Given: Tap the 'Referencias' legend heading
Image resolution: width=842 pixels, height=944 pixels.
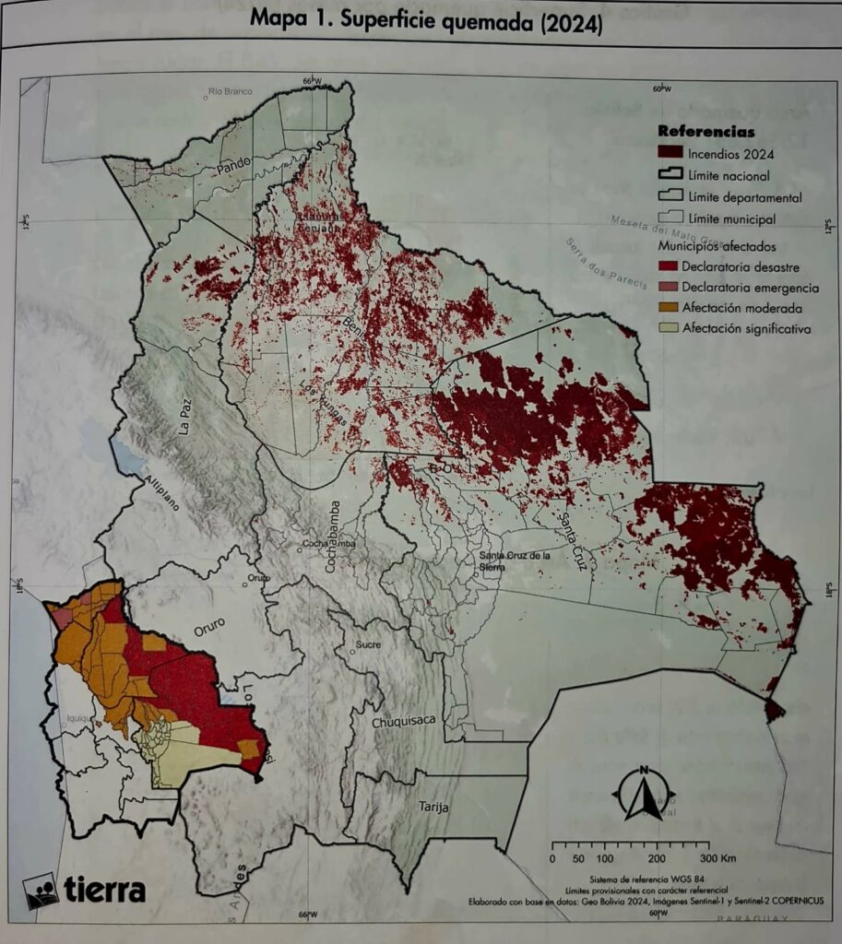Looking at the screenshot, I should [706, 132].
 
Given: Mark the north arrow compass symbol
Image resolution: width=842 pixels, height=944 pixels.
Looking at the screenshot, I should [644, 793].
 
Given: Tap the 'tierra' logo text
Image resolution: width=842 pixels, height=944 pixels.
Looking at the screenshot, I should [104, 890].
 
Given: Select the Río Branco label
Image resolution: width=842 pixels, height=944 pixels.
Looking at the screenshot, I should [231, 91].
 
